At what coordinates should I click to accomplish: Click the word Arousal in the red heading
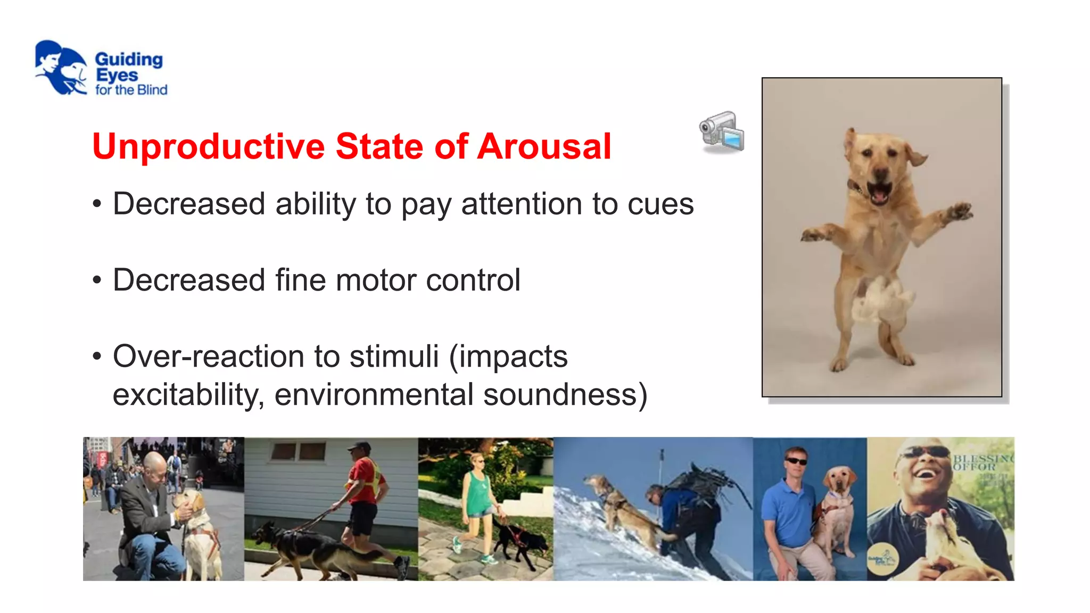click(x=544, y=146)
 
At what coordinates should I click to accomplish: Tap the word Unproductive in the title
click(x=208, y=146)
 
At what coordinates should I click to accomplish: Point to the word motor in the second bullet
click(x=375, y=280)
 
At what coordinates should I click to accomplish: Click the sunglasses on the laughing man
click(x=927, y=453)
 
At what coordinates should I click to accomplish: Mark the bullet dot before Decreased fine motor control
click(x=96, y=280)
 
